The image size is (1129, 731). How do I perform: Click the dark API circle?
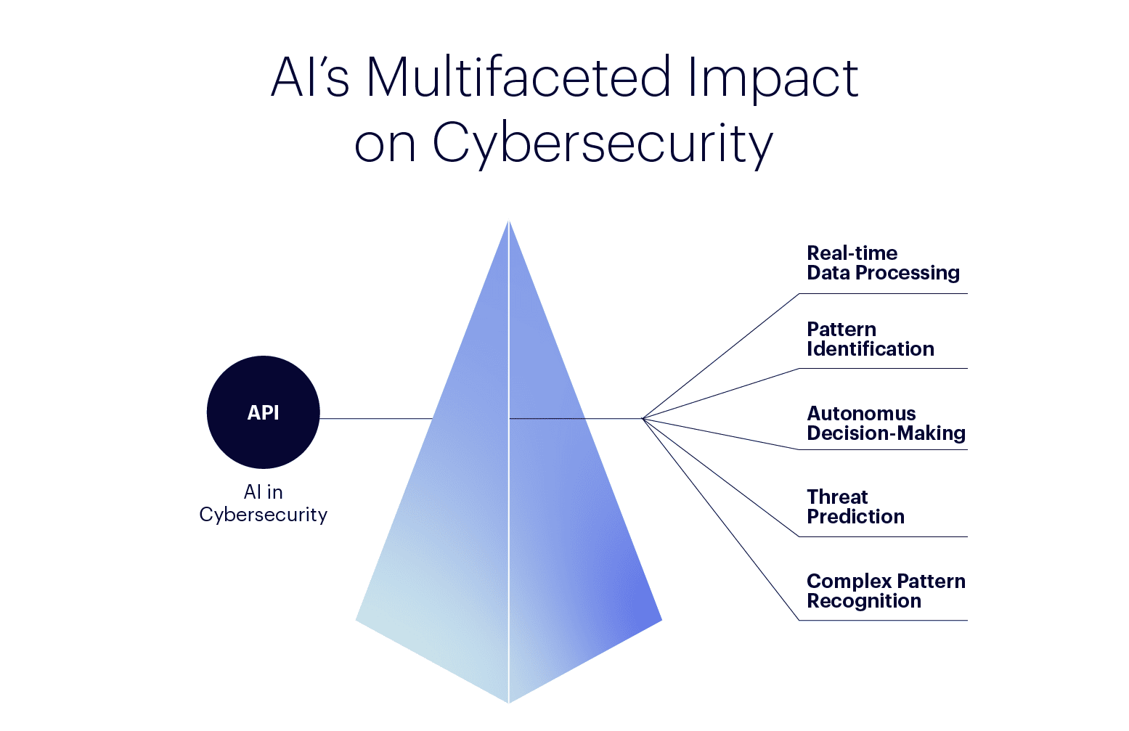pyautogui.click(x=263, y=412)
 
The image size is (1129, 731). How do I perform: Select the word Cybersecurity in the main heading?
pyautogui.click(x=603, y=143)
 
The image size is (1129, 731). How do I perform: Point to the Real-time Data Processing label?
pyautogui.click(x=883, y=263)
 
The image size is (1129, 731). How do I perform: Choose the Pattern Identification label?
pyautogui.click(x=870, y=339)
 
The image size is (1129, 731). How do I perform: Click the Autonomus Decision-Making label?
pyautogui.click(x=886, y=423)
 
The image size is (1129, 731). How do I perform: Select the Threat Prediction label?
pyautogui.click(x=855, y=507)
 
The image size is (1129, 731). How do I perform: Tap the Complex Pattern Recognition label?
pyautogui.click(x=886, y=591)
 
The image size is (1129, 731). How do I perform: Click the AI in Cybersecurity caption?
pyautogui.click(x=263, y=503)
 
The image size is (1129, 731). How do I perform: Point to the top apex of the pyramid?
pyautogui.click(x=509, y=222)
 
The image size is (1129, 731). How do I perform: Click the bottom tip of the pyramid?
pyautogui.click(x=509, y=701)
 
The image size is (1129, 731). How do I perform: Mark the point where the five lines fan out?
pyautogui.click(x=643, y=418)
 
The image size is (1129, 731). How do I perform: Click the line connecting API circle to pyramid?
pyautogui.click(x=375, y=418)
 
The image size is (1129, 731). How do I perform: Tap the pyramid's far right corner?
pyautogui.click(x=660, y=620)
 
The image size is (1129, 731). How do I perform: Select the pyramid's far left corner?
pyautogui.click(x=357, y=620)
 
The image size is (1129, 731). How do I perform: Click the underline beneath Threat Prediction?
pyautogui.click(x=883, y=536)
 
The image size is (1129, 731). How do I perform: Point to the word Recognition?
pyautogui.click(x=864, y=601)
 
